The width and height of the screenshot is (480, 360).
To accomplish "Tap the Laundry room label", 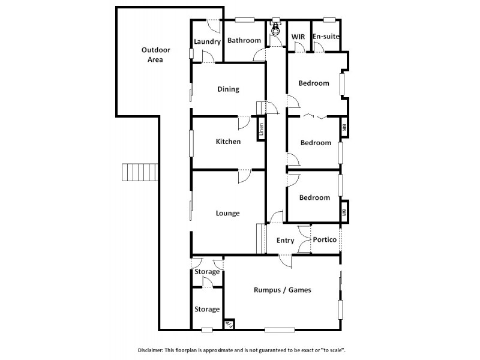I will (x=208, y=41).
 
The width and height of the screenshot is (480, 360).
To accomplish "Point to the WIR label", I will (x=299, y=37).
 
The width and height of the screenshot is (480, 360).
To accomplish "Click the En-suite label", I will (x=326, y=37).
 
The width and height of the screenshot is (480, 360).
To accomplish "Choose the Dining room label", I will (x=228, y=89).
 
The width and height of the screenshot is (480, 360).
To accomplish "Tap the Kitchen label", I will (x=228, y=142).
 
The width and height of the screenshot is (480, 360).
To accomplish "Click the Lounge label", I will (x=228, y=213).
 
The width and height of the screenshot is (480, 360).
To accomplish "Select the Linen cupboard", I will (x=262, y=130).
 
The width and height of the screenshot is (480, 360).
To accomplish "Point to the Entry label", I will (x=285, y=241).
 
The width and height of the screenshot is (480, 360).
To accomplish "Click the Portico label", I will (x=325, y=239).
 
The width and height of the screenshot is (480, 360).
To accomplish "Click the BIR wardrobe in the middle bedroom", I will (x=344, y=128).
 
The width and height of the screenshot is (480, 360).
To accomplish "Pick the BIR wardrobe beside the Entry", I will (x=344, y=212).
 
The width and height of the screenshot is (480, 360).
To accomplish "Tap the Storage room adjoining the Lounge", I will (x=207, y=272).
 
